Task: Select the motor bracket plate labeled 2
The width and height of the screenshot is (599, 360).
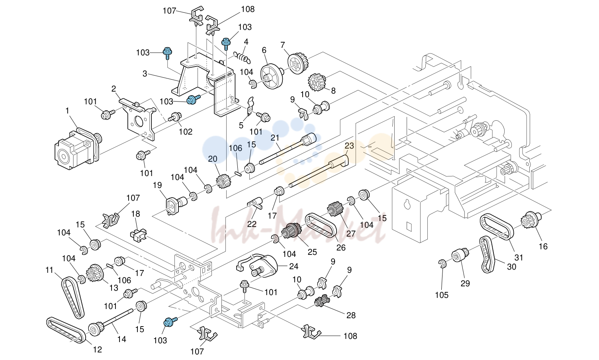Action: (x=138, y=118)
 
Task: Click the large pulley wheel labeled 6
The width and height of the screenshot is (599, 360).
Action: (x=272, y=76)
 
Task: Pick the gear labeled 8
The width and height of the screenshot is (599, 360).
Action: (x=317, y=82)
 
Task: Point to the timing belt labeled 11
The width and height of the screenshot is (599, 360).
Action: (x=72, y=297)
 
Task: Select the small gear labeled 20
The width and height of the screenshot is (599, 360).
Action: (x=223, y=181)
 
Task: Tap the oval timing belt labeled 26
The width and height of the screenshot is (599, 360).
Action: (x=321, y=225)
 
